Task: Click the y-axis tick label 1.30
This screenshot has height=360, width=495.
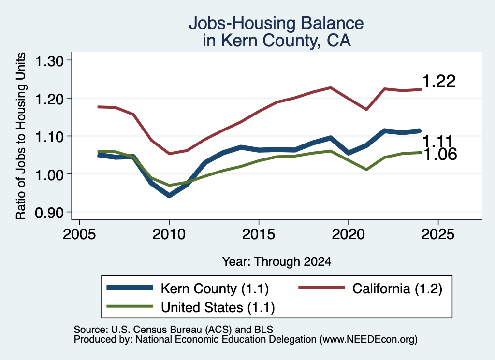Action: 49,61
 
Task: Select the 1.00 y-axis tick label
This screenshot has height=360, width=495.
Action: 49,175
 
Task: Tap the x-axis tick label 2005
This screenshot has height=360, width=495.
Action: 79,234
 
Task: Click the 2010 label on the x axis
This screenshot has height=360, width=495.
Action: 169,234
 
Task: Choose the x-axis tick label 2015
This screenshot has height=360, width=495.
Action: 259,234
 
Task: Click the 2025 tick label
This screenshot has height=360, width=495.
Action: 438,234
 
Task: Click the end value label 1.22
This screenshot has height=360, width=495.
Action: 439,81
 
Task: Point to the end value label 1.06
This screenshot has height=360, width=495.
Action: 440,155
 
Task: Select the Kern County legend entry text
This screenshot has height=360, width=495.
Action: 215,288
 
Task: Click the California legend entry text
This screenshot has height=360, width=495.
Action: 397,288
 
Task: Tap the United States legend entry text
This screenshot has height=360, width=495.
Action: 218,308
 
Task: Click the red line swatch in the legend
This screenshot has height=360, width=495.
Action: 321,288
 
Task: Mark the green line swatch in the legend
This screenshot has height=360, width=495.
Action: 130,306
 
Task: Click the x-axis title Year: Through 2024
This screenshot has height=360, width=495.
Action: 277,261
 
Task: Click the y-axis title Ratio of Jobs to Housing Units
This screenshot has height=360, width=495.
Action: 21,136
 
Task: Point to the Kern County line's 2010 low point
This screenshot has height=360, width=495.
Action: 169,196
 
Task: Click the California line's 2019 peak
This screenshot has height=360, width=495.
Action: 331,87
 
